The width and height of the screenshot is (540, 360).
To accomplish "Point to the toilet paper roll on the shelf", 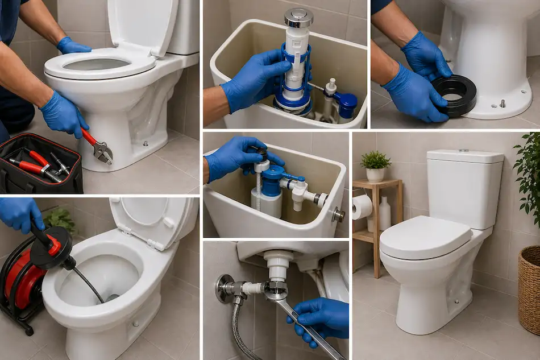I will click(x=362, y=207).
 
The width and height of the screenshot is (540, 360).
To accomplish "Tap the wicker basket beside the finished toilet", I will click(x=529, y=290).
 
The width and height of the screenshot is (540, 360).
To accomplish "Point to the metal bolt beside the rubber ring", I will click(x=502, y=104).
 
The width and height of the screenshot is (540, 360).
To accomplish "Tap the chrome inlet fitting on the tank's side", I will click(x=338, y=214).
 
